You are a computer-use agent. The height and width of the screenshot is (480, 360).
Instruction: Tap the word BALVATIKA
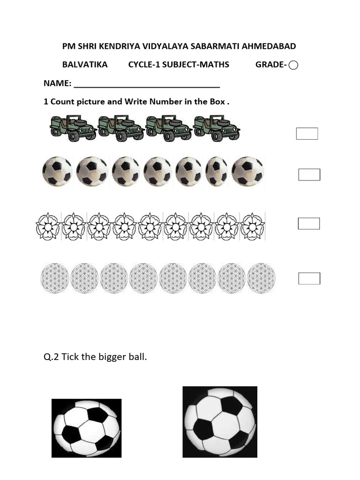point(85,65)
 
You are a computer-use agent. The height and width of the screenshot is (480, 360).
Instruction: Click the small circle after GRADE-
point(293,65)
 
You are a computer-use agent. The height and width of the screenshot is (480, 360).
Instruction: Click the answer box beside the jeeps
point(307,134)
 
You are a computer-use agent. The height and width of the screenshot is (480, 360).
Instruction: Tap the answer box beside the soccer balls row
point(309,175)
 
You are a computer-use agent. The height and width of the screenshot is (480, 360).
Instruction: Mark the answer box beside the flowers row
point(308,224)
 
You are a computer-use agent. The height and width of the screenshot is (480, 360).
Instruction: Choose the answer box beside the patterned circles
point(309,278)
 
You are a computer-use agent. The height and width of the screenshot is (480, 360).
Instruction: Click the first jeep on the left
point(73,127)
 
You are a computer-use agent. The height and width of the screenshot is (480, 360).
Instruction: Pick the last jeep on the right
point(217,127)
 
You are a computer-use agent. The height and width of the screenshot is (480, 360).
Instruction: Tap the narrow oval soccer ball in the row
point(217,171)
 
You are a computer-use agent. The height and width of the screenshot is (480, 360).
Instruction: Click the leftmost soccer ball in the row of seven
point(57,171)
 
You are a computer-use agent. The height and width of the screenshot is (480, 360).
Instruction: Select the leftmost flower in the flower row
point(48,226)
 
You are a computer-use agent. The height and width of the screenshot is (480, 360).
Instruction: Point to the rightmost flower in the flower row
point(252,226)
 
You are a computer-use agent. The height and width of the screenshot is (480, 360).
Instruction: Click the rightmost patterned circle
point(261,278)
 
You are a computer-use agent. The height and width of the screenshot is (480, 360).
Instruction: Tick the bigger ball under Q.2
point(220,422)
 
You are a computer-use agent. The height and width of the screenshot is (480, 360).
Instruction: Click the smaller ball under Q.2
point(86,428)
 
